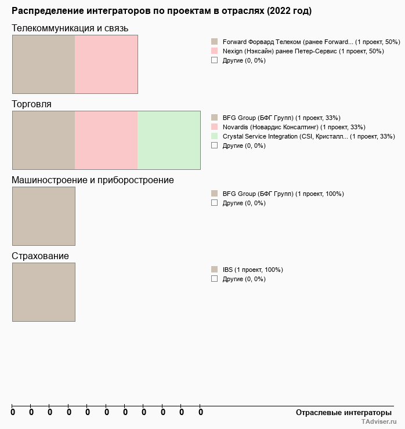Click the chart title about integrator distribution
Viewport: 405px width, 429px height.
pyautogui.click(x=161, y=11)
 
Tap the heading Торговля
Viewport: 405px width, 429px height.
pyautogui.click(x=31, y=104)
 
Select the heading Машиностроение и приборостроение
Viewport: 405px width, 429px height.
pyautogui.click(x=93, y=180)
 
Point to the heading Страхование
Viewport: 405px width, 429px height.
pyautogui.click(x=41, y=256)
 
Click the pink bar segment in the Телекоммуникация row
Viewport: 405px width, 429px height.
pyautogui.click(x=106, y=64)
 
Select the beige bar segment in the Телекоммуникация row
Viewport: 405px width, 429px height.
pyautogui.click(x=44, y=64)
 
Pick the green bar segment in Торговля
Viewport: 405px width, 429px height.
pyautogui.click(x=169, y=140)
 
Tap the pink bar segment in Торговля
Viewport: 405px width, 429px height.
pyautogui.click(x=106, y=140)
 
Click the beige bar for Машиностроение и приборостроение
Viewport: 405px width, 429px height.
pyautogui.click(x=44, y=216)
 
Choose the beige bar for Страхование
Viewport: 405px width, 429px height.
pyautogui.click(x=44, y=292)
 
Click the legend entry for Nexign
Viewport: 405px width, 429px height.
pyautogui.click(x=303, y=51)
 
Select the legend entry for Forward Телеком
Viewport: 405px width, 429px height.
pyautogui.click(x=311, y=42)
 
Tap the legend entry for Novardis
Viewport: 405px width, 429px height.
pyautogui.click(x=294, y=127)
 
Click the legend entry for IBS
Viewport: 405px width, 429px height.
pyautogui.click(x=252, y=270)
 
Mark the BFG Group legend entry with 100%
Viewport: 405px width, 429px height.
pyautogui.click(x=283, y=194)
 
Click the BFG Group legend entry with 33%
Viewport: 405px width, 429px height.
pyautogui.click(x=281, y=118)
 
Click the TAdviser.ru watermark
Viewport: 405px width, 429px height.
pyautogui.click(x=379, y=422)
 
